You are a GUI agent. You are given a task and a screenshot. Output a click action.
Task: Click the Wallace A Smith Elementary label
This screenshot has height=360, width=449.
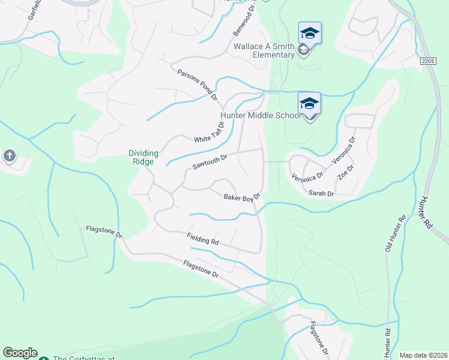coord(264,51)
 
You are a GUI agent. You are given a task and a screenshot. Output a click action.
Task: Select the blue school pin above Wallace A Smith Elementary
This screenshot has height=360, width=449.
coord(310,32)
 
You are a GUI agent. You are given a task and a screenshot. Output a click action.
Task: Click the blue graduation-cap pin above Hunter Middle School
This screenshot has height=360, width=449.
coord(309,103)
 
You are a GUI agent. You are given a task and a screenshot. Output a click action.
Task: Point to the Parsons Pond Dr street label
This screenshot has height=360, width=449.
coord(197,85)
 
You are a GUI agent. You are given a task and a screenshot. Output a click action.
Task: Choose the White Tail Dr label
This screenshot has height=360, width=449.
coord(209,133)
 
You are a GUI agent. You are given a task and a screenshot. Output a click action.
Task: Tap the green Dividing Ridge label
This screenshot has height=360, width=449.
coord(143,157)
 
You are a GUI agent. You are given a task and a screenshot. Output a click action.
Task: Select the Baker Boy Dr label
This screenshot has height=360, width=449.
coord(241,197)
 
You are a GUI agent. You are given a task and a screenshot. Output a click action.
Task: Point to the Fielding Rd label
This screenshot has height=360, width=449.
coord(202,239)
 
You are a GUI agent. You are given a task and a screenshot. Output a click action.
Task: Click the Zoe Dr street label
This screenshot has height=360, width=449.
coord(345,172)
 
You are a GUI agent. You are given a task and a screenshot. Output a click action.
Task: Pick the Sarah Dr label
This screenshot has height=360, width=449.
coord(321,194)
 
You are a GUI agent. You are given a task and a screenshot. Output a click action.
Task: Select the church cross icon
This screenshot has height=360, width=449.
coord(10,157)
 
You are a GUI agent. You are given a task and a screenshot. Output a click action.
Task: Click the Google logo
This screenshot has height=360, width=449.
coord(20,353)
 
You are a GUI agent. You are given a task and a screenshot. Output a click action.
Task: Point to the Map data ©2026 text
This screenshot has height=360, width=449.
coord(423,355)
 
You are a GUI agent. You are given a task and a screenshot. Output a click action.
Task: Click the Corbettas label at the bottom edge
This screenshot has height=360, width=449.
coord(83,358)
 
